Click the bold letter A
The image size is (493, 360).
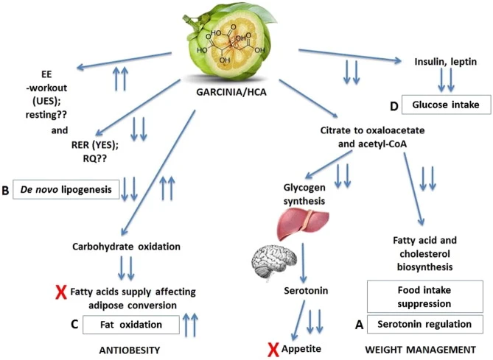tap(359, 323)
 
